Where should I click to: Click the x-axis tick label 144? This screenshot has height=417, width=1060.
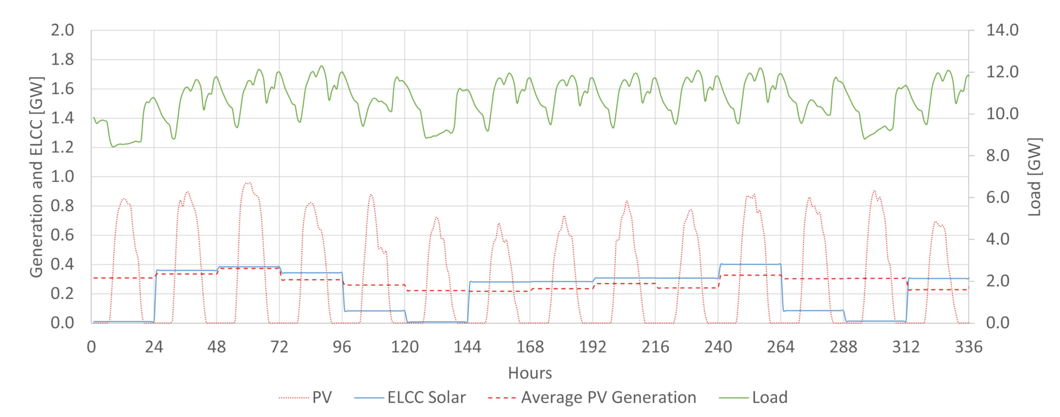(x=467, y=347)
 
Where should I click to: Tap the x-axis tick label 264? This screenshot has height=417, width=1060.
(x=781, y=347)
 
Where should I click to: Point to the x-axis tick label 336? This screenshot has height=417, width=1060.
(x=968, y=347)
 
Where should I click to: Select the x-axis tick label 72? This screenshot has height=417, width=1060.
(x=279, y=347)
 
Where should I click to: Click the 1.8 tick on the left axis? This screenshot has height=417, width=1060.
(x=62, y=59)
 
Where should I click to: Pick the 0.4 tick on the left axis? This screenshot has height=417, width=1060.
(x=62, y=264)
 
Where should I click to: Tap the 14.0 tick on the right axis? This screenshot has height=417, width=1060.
(x=1002, y=30)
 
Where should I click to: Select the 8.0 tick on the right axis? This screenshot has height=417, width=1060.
(x=998, y=155)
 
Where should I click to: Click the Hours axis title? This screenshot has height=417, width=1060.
(x=530, y=373)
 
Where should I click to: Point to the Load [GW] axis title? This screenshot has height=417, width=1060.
(x=1034, y=177)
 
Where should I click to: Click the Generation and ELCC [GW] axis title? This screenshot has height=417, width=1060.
(x=36, y=177)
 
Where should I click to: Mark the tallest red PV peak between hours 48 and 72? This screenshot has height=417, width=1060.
(x=248, y=182)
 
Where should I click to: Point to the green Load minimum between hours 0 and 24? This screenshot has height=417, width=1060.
(x=113, y=147)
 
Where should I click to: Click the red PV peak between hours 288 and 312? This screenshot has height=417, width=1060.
(x=874, y=191)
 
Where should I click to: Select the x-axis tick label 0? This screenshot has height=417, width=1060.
(x=91, y=347)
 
